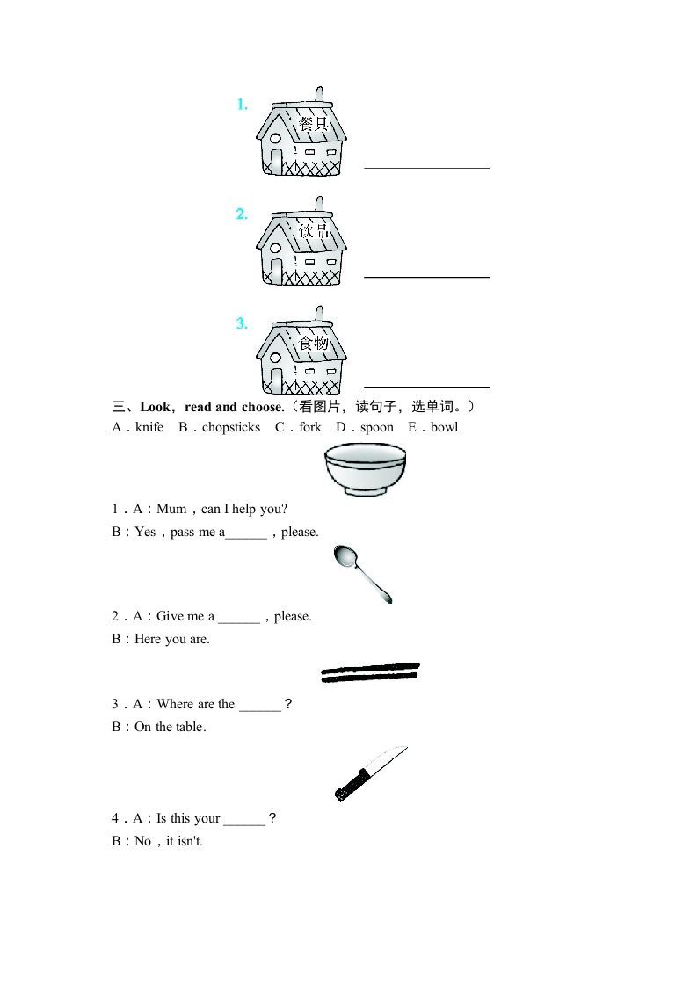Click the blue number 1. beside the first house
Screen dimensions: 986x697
coord(242,105)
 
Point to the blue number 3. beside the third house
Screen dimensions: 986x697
coord(242,323)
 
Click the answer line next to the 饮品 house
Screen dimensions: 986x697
coord(426,276)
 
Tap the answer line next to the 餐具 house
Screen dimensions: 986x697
coord(426,167)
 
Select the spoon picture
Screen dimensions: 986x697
coord(362,573)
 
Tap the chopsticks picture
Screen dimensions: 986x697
coord(370,673)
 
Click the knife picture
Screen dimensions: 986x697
coord(370,773)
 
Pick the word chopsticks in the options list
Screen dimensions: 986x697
coord(231,428)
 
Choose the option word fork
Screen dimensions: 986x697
coord(310,428)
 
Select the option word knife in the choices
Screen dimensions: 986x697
coord(149,428)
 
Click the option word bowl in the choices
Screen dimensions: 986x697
coord(444,428)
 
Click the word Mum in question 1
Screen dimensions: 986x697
coord(171,510)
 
